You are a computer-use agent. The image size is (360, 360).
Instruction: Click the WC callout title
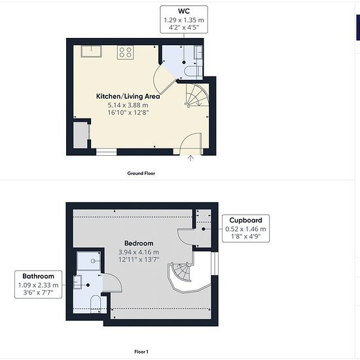184,11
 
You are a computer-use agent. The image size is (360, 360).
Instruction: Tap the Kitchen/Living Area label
128,96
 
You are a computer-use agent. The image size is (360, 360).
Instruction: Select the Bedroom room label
139,243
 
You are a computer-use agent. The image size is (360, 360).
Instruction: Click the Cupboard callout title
245,220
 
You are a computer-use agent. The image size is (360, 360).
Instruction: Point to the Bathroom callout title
39,276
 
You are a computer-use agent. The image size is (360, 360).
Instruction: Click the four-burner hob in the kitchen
126,52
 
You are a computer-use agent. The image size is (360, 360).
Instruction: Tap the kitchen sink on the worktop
91,51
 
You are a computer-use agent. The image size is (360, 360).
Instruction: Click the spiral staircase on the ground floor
197,96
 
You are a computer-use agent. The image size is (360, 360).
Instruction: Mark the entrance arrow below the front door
190,158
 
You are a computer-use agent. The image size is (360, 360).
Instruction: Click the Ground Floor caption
141,173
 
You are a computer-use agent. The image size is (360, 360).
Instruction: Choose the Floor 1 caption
141,351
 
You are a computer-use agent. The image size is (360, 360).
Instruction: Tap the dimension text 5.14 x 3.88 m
128,105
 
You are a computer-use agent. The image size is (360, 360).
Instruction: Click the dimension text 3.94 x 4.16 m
139,252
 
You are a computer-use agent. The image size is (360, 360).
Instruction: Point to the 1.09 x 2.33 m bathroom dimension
39,285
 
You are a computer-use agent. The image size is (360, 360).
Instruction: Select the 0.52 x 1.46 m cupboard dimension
245,229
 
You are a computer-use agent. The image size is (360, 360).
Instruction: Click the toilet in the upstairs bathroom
96,304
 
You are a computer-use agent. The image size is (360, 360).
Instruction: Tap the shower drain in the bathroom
93,261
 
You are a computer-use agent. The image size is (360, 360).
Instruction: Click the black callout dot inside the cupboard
204,229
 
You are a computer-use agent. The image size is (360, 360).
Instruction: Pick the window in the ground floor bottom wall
106,152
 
